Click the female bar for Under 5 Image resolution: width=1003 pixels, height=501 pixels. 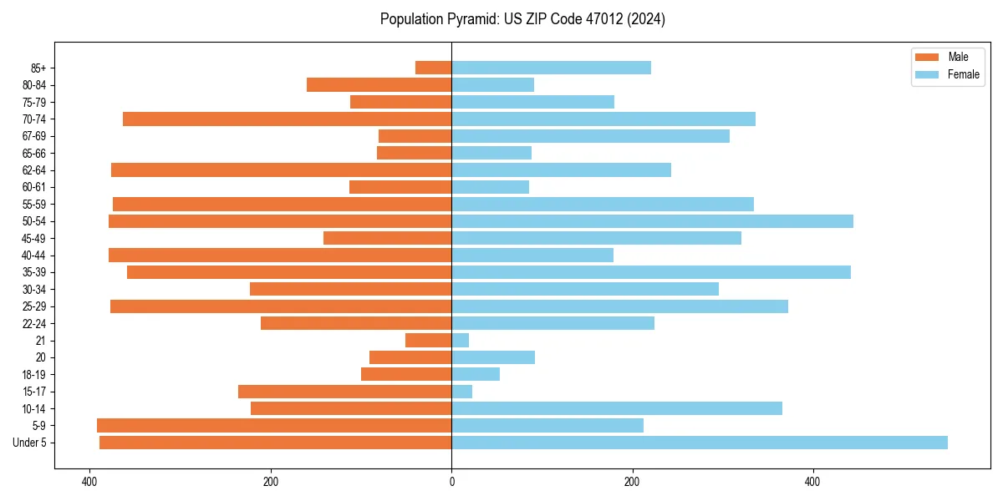[x=700, y=443]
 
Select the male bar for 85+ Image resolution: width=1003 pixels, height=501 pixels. [x=434, y=68]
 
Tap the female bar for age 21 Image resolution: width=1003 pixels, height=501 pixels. [x=461, y=341]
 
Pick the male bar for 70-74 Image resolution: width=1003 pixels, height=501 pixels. [x=288, y=119]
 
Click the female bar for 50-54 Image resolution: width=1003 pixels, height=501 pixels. [x=652, y=221]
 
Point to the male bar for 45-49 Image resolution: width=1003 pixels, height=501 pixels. [x=388, y=238]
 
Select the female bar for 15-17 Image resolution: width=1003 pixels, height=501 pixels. [x=462, y=392]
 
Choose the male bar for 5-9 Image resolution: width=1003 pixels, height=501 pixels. [x=274, y=426]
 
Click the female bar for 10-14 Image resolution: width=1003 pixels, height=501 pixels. [x=617, y=408]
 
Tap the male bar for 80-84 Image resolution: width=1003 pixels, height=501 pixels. [x=379, y=84]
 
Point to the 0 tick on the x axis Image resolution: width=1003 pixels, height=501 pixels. [x=451, y=482]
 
